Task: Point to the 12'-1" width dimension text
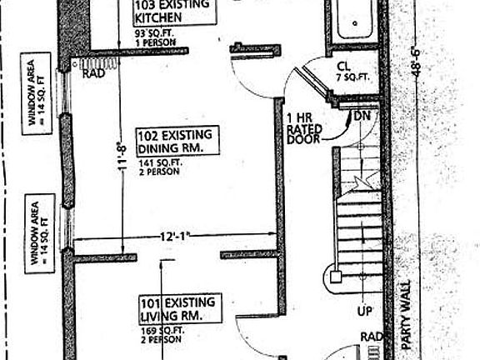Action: point(174,237)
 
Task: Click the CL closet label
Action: point(343,66)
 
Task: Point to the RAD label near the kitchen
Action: point(92,73)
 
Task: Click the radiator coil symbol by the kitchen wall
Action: point(95,62)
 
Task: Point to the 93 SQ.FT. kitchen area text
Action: point(152,33)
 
